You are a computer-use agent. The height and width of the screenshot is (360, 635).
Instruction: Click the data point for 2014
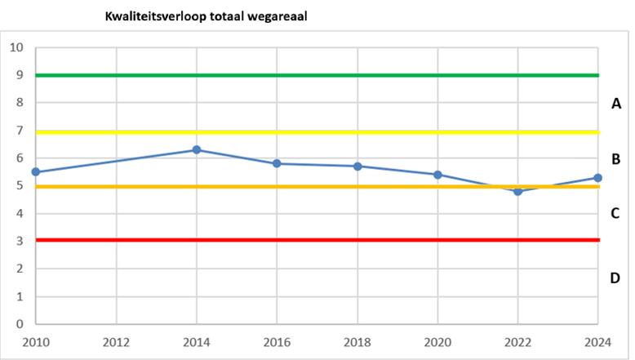(197, 150)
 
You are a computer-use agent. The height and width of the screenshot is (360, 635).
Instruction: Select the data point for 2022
(517, 191)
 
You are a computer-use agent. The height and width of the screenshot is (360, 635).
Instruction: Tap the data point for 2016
(277, 164)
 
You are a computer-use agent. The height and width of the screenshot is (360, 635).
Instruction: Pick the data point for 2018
(357, 167)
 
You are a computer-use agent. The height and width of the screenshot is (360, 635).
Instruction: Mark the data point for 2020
(437, 175)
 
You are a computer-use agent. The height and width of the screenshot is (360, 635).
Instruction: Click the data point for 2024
(597, 178)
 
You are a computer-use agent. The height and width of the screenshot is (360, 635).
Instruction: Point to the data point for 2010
(36, 172)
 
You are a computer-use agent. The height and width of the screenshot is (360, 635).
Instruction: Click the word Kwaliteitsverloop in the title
(152, 16)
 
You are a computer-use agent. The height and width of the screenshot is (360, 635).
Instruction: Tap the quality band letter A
(616, 104)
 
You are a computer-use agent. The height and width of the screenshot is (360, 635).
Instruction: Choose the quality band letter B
(616, 159)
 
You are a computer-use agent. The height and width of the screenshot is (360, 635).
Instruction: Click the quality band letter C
(616, 214)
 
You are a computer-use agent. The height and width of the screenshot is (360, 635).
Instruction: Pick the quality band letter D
(616, 278)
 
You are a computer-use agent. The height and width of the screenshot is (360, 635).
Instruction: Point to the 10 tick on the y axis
(16, 47)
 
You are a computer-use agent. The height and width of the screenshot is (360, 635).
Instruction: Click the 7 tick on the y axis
(19, 131)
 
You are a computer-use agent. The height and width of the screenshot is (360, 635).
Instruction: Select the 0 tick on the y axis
(19, 324)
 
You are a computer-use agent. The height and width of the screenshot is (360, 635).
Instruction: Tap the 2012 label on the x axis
(116, 341)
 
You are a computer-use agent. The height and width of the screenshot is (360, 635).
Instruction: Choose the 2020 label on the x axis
(437, 341)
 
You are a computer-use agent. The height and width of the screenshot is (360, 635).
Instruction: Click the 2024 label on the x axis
(597, 341)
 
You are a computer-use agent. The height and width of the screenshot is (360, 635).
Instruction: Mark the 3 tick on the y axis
(19, 241)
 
